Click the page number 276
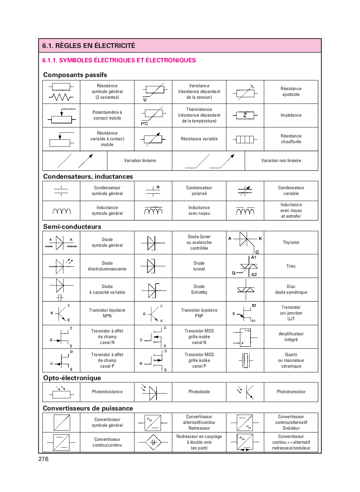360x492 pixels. (x=44, y=459)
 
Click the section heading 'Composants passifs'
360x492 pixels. (x=75, y=75)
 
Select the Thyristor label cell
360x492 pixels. (x=291, y=242)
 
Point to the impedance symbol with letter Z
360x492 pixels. (x=245, y=115)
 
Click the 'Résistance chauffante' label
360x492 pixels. (x=291, y=139)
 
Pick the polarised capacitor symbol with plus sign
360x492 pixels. (x=153, y=191)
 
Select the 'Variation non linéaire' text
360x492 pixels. (x=281, y=160)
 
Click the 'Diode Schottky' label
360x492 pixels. (x=199, y=289)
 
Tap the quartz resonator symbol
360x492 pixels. (x=245, y=360)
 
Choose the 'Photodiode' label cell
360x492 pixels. (x=199, y=392)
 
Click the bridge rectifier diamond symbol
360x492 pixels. (x=153, y=442)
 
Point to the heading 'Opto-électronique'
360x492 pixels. (x=72, y=378)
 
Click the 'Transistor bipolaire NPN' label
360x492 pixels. (x=107, y=313)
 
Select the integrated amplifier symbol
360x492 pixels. (x=245, y=337)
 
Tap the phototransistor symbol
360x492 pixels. (x=246, y=392)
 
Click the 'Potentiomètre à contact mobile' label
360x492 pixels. (x=107, y=115)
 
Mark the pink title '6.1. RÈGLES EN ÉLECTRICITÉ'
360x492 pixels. (x=89, y=46)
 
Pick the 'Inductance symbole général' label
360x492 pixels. (x=107, y=210)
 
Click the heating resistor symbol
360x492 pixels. (x=245, y=139)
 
